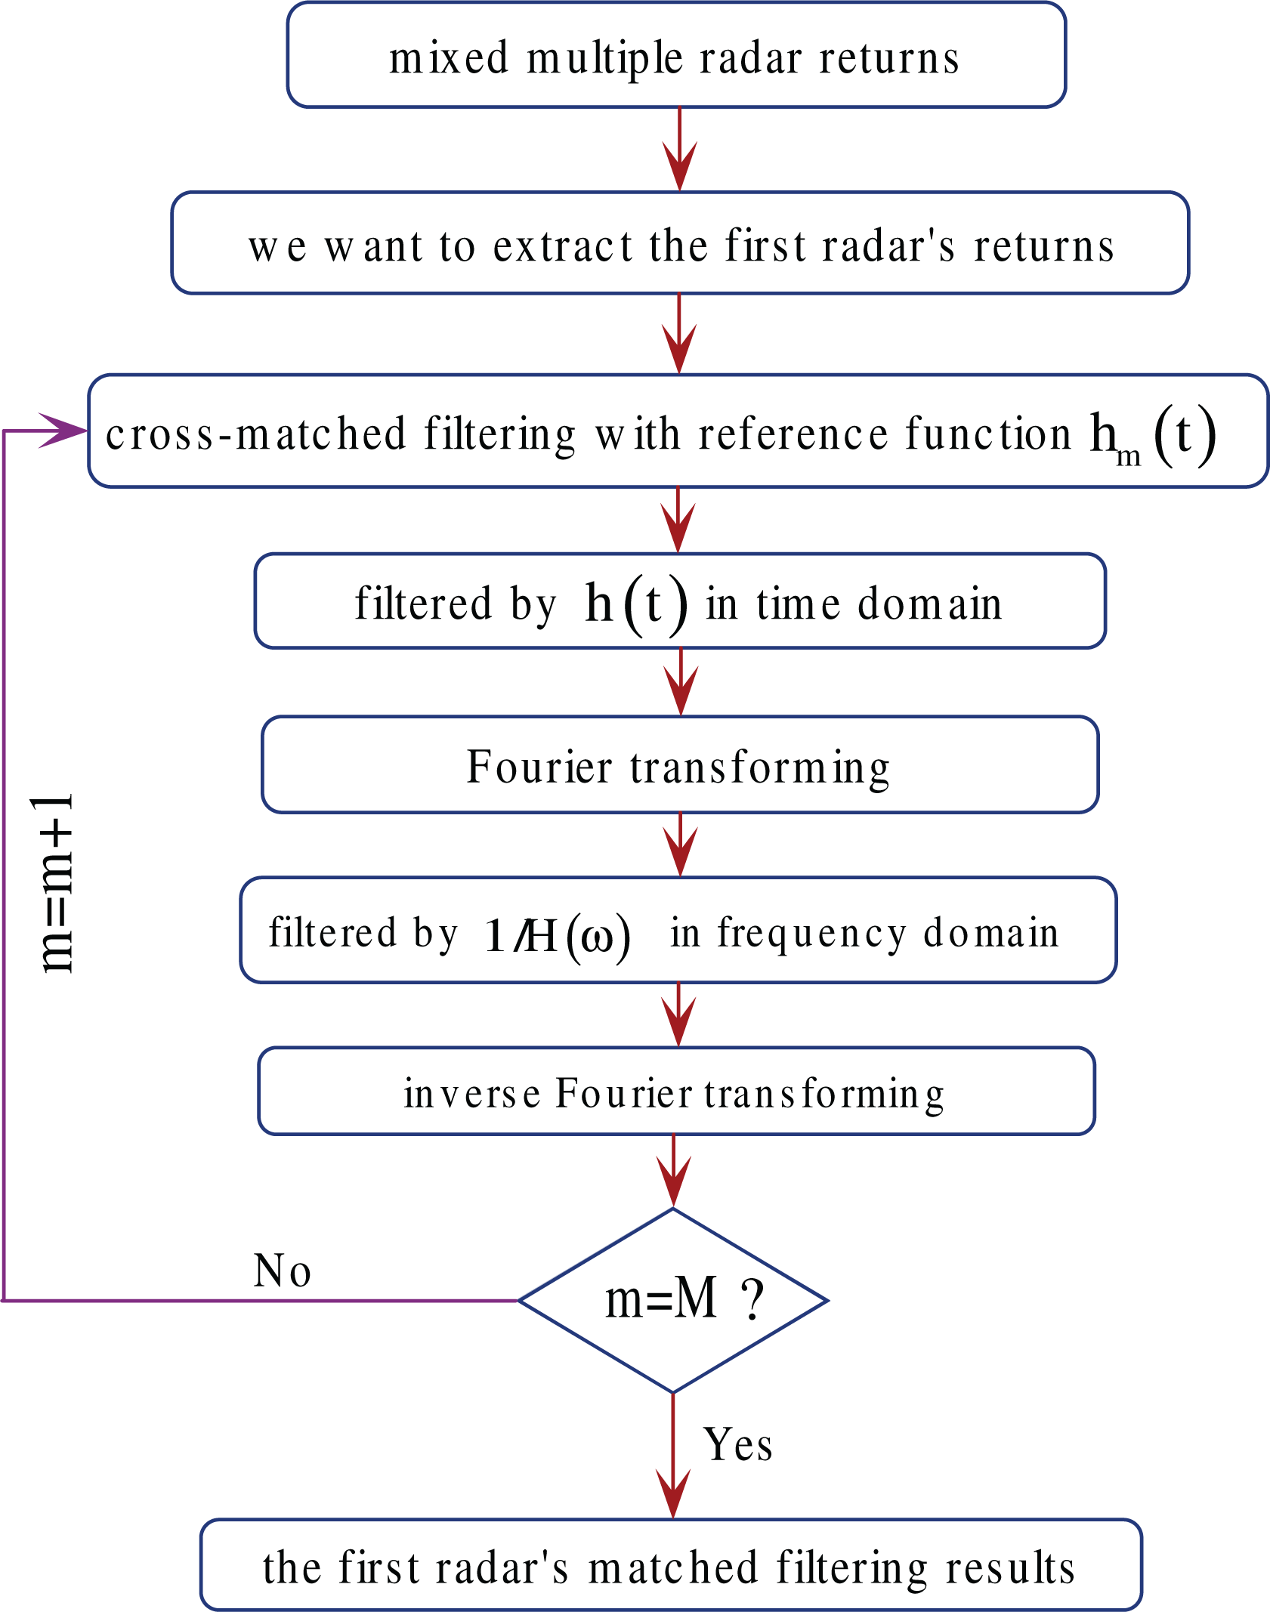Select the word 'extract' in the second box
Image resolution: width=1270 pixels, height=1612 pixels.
click(562, 246)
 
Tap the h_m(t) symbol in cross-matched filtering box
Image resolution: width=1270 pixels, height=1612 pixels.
click(1151, 437)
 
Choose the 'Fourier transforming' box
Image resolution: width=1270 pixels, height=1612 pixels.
click(678, 765)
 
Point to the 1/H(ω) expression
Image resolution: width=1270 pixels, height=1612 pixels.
click(557, 935)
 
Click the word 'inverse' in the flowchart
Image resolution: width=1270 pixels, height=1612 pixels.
click(472, 1094)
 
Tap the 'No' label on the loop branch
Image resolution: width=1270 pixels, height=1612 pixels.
click(282, 1271)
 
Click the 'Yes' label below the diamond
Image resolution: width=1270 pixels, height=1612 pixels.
click(737, 1446)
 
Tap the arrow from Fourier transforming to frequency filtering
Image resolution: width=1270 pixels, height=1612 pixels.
click(680, 845)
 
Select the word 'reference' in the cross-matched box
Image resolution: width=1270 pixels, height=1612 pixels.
click(793, 434)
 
